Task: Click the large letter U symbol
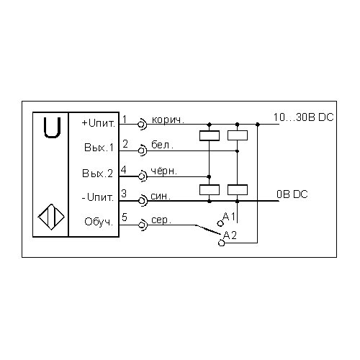tap(52, 137)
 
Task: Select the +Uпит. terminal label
tap(99, 123)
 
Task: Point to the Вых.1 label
tap(99, 148)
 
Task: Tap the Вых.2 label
tap(97, 173)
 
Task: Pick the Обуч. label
tap(99, 222)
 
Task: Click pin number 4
tap(124, 170)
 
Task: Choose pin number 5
tap(124, 217)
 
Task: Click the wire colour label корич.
tap(168, 120)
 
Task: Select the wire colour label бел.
tap(162, 145)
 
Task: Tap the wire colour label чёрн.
tap(164, 171)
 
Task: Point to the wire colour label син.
tap(161, 196)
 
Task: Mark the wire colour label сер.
tap(161, 220)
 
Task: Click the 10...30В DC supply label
tap(304, 117)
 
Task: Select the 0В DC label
tap(292, 194)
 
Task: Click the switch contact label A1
tap(229, 217)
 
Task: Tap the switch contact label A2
tap(230, 235)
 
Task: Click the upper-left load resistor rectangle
tap(210, 135)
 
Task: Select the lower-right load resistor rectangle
tap(238, 189)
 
